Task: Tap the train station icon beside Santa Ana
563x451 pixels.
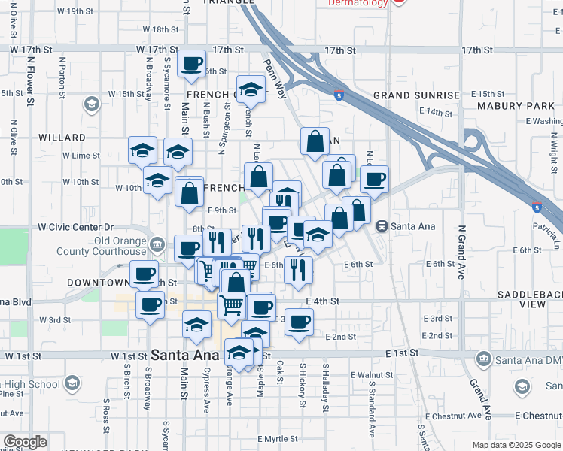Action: pos(382,225)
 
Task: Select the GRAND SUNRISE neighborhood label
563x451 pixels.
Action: pos(416,95)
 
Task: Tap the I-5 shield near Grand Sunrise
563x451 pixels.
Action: pos(339,95)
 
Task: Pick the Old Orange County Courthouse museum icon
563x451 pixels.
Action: pos(157,243)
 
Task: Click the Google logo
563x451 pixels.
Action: pos(25,442)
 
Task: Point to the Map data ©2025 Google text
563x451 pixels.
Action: pos(516,445)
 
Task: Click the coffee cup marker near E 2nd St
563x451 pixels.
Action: pos(299,322)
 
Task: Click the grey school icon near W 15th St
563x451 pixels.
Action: pos(92,104)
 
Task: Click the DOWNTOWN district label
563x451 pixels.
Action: pos(98,283)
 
